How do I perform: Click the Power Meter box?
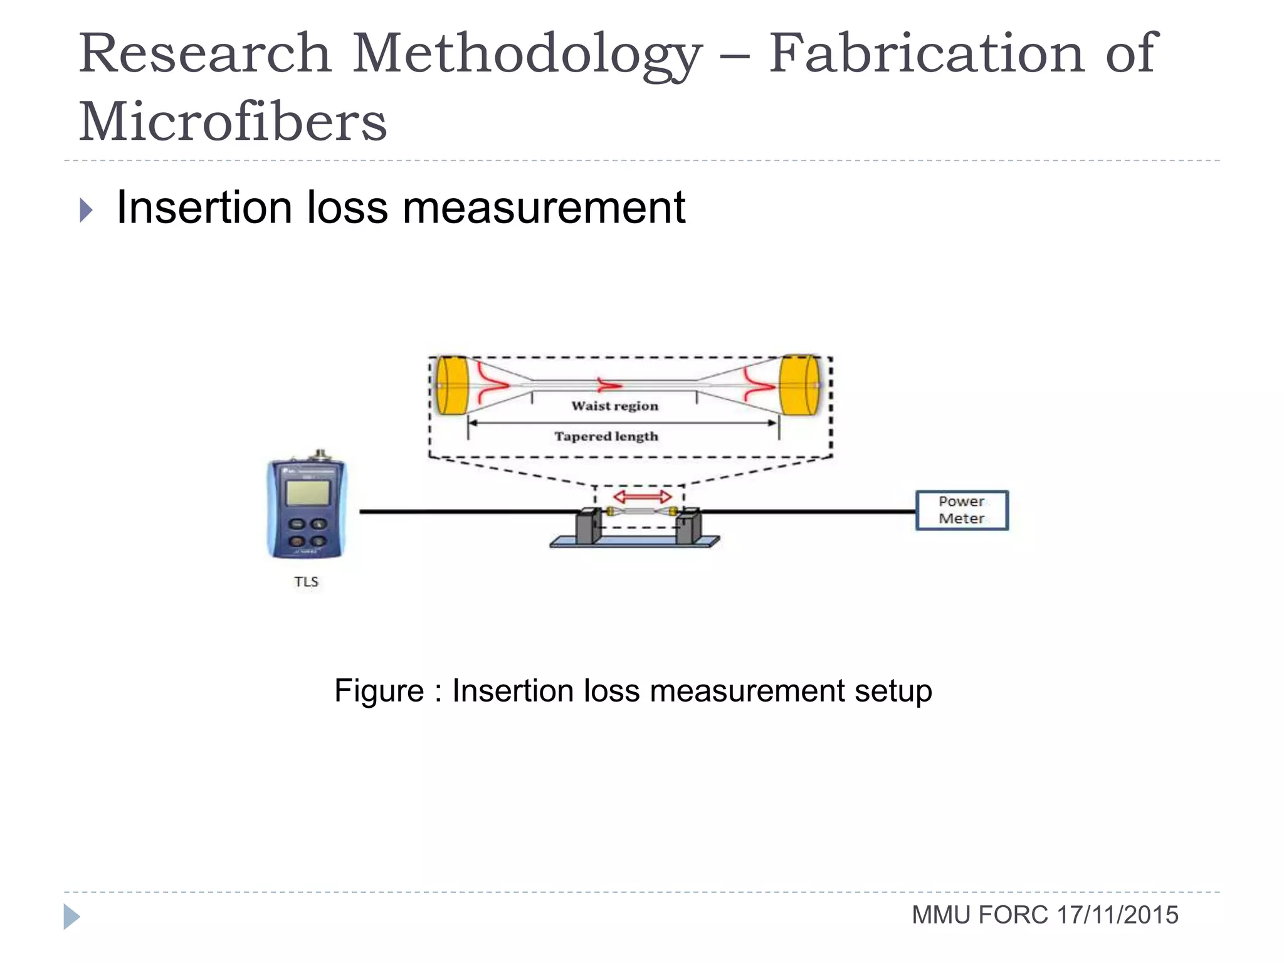click(x=962, y=510)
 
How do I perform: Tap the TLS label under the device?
click(x=306, y=582)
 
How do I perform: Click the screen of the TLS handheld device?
click(x=307, y=493)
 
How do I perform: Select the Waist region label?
click(x=614, y=406)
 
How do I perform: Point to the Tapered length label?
click(x=606, y=436)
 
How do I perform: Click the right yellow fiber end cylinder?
click(x=799, y=385)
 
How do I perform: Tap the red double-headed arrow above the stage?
click(x=642, y=497)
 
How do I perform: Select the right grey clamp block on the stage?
click(x=688, y=527)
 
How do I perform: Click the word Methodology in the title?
click(x=527, y=55)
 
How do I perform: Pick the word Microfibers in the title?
click(x=233, y=122)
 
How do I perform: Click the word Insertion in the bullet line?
click(x=204, y=208)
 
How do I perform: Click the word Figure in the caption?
click(x=379, y=692)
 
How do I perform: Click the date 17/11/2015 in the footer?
click(x=1117, y=915)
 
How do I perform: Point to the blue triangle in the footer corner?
click(x=71, y=917)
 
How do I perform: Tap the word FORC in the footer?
click(x=1013, y=915)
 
